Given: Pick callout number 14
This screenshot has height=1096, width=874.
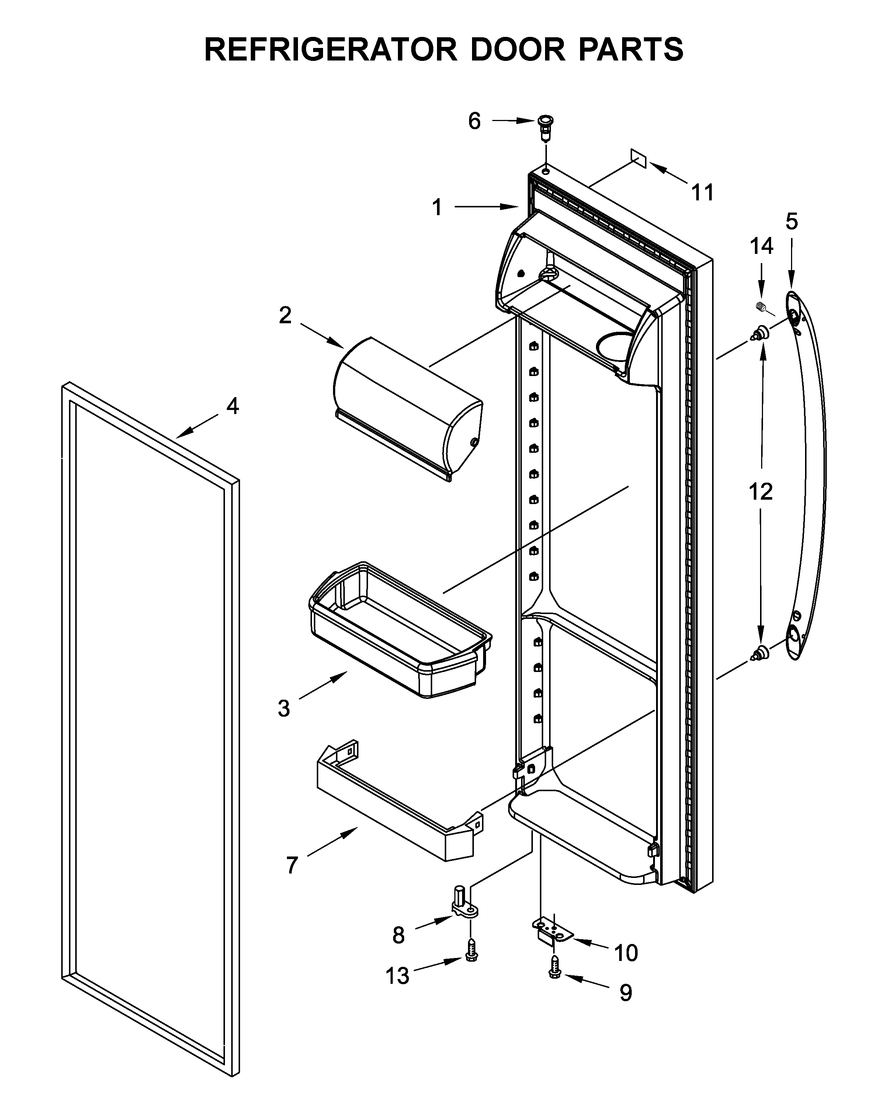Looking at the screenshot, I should click(761, 246).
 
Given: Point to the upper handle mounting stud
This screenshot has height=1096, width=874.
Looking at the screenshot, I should click(760, 334).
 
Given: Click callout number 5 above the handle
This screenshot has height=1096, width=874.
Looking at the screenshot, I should click(791, 222).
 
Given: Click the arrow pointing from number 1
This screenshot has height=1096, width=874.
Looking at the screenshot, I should click(485, 206).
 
